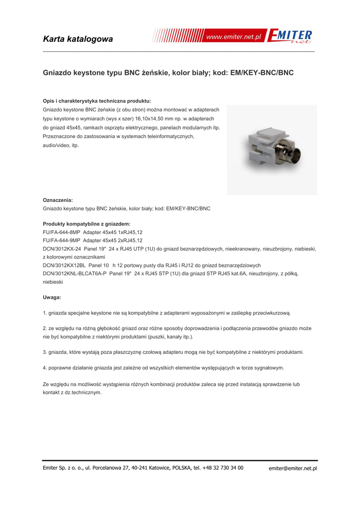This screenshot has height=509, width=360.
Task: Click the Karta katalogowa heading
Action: [x=78, y=39]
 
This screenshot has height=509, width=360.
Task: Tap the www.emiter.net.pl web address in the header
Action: [x=233, y=38]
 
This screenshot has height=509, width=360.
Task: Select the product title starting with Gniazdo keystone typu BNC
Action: [x=169, y=73]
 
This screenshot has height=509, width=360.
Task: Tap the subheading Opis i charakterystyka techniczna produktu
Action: [x=97, y=100]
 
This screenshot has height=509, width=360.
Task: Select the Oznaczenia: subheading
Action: [x=58, y=200]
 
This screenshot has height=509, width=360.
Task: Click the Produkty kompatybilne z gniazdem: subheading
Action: [x=87, y=224]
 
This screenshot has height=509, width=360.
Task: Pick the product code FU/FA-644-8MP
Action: [x=62, y=232]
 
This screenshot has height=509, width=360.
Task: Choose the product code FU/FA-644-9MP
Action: [x=62, y=241]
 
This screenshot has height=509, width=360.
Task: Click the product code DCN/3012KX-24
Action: [x=62, y=249]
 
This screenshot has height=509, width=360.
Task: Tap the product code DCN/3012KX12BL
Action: [x=64, y=265]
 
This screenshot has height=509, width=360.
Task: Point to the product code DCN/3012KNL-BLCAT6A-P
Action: [x=75, y=273]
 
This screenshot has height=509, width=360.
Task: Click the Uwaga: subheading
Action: [x=52, y=297]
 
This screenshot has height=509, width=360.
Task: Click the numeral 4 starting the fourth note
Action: [x=45, y=368]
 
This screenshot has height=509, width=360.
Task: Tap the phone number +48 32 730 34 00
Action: [x=223, y=468]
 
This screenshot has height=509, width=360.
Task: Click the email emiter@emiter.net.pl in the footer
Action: [x=293, y=468]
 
